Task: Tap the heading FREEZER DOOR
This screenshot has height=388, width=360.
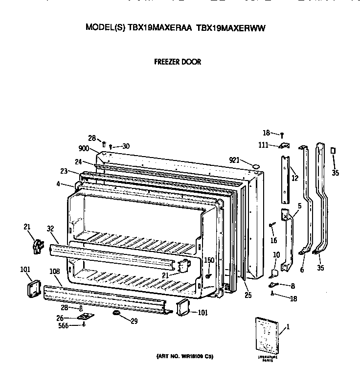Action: (178, 62)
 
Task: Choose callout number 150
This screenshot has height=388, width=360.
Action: (209, 260)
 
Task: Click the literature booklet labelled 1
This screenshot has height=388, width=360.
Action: (268, 334)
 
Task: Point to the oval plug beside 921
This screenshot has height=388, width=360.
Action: (255, 166)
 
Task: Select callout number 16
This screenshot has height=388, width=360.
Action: (274, 241)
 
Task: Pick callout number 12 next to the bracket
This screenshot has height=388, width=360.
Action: (294, 178)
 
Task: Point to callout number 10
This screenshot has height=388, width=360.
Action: (276, 255)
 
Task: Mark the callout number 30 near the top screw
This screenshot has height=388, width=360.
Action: (126, 146)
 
